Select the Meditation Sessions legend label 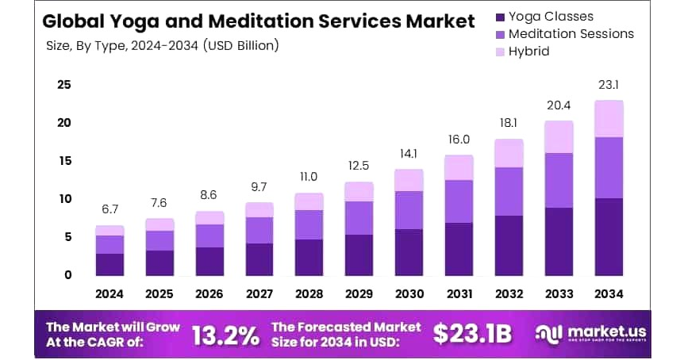pyautogui.click(x=571, y=33)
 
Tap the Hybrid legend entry pyautogui.click(x=528, y=52)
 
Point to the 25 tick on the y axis pyautogui.click(x=64, y=85)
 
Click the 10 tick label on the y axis pyautogui.click(x=64, y=199)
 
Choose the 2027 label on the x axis pyautogui.click(x=259, y=293)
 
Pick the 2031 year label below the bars pyautogui.click(x=459, y=293)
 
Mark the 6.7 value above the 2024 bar pyautogui.click(x=110, y=209)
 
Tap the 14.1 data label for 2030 pyautogui.click(x=409, y=153)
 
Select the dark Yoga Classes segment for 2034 pyautogui.click(x=609, y=236)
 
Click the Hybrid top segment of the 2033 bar pyautogui.click(x=559, y=136)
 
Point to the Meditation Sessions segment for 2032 pyautogui.click(x=509, y=191)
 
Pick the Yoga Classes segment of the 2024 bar pyautogui.click(x=110, y=264)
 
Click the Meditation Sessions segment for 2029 pyautogui.click(x=359, y=218)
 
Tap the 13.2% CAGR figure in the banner pyautogui.click(x=226, y=335)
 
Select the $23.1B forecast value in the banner pyautogui.click(x=473, y=334)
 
